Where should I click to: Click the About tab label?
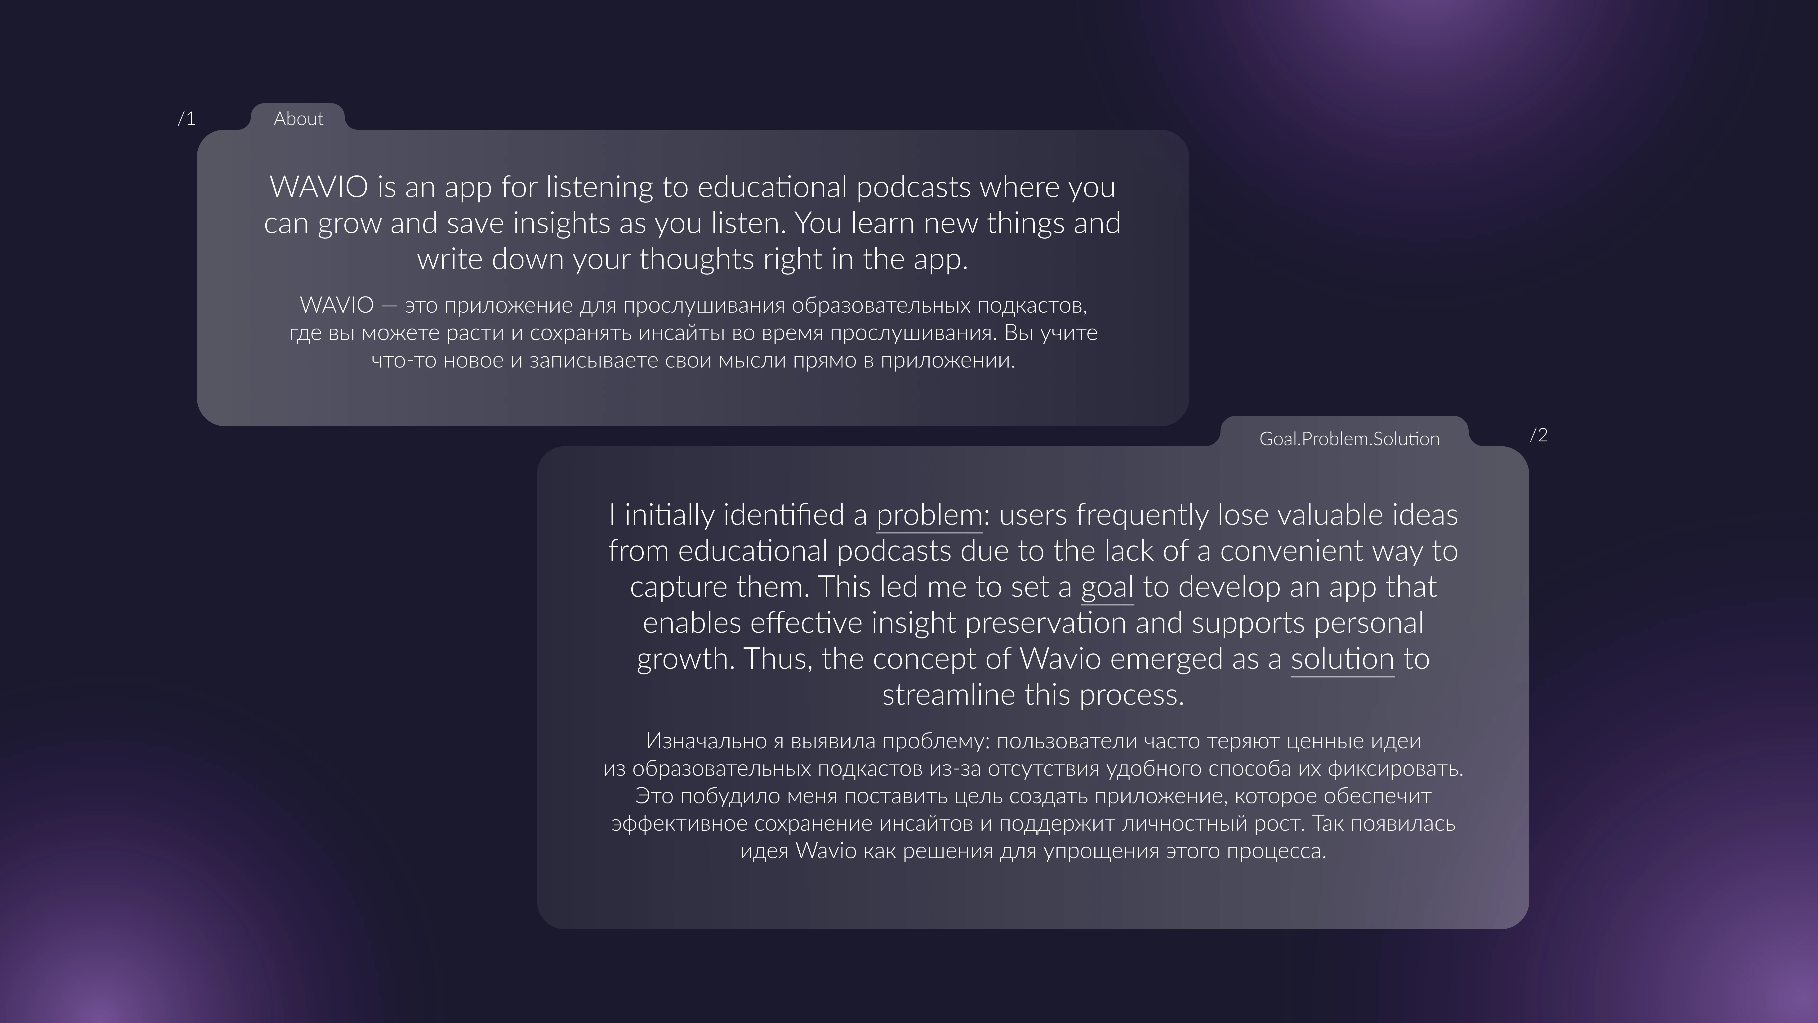pyautogui.click(x=299, y=119)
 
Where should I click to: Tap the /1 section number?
pyautogui.click(x=186, y=119)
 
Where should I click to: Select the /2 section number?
pyautogui.click(x=1538, y=435)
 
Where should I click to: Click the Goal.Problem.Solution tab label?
pyautogui.click(x=1349, y=439)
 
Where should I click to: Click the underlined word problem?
pyautogui.click(x=929, y=515)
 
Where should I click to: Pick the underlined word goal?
pyautogui.click(x=1107, y=587)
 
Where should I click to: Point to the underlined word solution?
pyautogui.click(x=1342, y=660)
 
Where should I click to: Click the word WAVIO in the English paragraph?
pyautogui.click(x=319, y=187)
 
